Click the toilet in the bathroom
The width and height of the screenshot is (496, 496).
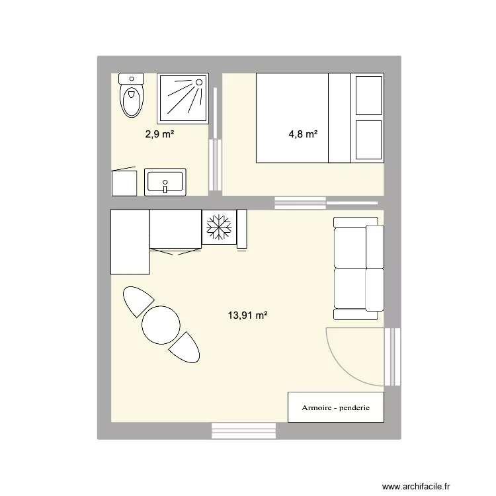pos(131,97)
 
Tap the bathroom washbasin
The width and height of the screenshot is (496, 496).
pos(165,182)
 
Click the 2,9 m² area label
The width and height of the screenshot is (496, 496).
pos(159,134)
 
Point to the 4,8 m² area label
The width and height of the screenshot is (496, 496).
pos(303,134)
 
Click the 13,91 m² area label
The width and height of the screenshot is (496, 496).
pos(247,316)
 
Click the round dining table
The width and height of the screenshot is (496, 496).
pos(161,325)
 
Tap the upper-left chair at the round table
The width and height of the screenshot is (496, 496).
pos(138,302)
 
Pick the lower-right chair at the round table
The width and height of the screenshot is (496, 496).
pos(185,348)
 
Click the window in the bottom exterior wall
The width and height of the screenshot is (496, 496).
pos(243,431)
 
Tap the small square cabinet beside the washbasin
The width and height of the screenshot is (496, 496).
pos(124,183)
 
